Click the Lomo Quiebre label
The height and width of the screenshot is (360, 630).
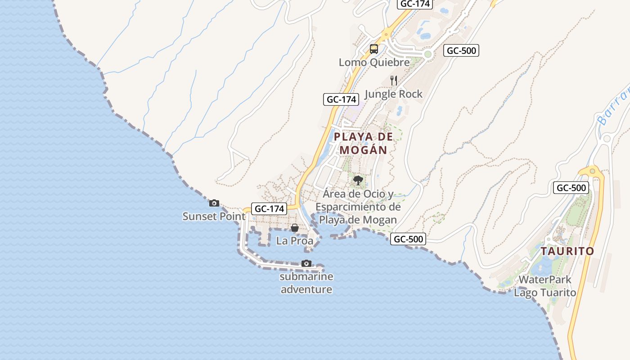pos(374,63)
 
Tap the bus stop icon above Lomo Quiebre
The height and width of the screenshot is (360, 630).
pos(374,49)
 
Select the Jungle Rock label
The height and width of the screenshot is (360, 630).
pos(393,94)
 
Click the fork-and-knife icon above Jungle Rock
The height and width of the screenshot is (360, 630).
pos(394,81)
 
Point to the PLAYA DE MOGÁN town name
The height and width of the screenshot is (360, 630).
pos(364,143)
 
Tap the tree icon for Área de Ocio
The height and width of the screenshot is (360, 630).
pos(358,180)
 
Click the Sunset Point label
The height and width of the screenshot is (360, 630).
pos(214,216)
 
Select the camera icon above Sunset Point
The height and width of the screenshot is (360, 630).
pos(214,203)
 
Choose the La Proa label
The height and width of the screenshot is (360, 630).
pos(295,241)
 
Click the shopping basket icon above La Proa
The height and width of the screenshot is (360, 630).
pos(295,228)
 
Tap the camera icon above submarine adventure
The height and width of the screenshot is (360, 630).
pos(306,263)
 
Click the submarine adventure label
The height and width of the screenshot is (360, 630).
pos(306,283)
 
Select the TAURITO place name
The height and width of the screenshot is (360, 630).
pos(567,251)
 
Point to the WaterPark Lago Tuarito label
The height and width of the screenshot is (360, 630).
pos(545,286)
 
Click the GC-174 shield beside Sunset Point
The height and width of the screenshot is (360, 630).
pos(270,209)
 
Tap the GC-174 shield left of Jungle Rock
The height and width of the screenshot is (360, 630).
pos(341,99)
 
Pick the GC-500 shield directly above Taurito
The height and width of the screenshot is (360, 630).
pos(571,188)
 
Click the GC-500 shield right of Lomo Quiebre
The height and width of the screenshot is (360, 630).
pos(461,50)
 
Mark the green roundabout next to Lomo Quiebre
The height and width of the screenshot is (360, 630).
pos(427,54)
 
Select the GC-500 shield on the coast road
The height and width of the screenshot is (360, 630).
pos(408,239)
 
